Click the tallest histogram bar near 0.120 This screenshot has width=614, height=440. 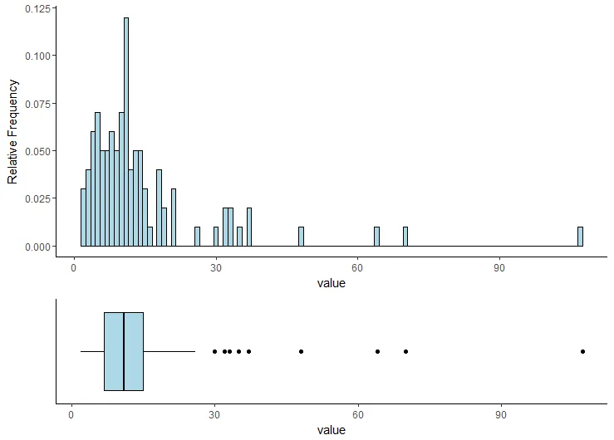(x=126, y=133)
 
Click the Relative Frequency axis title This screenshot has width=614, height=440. (x=12, y=131)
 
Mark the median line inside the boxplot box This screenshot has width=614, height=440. (x=124, y=351)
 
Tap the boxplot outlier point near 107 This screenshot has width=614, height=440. (x=582, y=351)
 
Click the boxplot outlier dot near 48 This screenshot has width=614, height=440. (x=301, y=351)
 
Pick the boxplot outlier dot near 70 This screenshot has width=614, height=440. (x=405, y=351)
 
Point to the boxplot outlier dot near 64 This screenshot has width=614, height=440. (x=377, y=351)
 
